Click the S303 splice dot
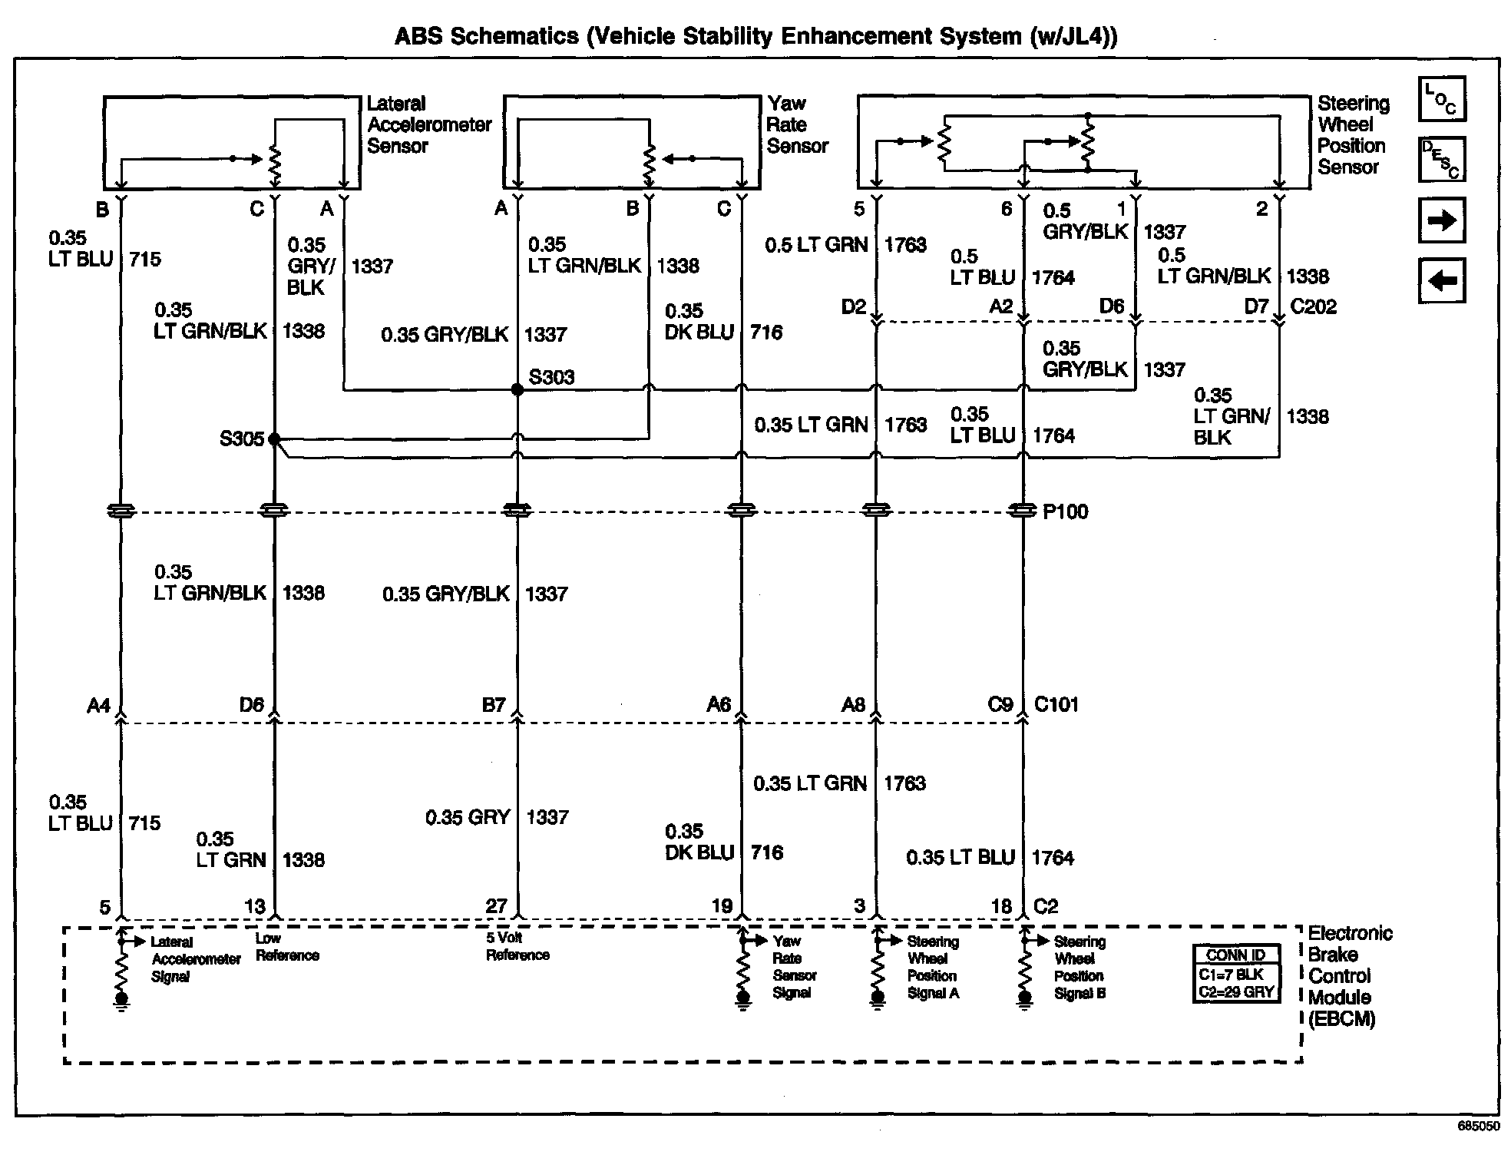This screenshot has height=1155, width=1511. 517,390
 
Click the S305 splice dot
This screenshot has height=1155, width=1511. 274,439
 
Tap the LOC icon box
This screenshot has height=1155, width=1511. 1442,99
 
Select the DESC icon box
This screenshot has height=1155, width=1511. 1442,160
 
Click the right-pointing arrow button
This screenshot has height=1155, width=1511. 1442,220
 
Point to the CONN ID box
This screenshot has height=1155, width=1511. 1236,974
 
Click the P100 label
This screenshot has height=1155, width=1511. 1065,512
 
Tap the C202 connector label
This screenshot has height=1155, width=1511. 1314,306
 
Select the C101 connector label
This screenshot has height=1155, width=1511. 1056,704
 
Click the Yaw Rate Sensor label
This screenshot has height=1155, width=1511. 797,124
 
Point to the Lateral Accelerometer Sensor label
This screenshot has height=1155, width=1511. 428,124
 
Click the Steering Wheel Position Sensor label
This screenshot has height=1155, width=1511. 1353,135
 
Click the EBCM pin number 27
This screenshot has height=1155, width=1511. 496,906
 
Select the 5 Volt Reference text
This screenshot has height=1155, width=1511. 517,946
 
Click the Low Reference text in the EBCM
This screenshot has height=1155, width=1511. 286,947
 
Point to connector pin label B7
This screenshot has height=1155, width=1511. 493,705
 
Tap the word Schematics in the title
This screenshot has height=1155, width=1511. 514,36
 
